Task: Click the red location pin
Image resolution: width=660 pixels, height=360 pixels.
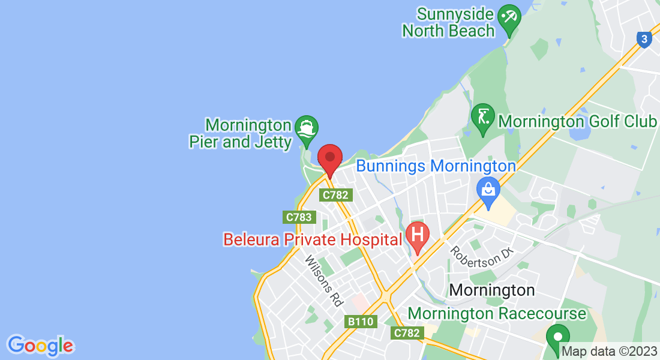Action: click(329, 159)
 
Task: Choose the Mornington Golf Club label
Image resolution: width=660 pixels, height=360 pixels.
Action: click(577, 121)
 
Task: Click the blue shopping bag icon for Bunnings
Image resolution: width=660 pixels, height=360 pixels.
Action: click(488, 190)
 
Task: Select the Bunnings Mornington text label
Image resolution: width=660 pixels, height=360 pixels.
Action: click(436, 166)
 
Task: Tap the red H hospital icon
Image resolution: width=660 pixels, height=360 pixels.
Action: click(418, 233)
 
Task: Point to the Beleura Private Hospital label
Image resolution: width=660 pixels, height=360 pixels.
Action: click(312, 239)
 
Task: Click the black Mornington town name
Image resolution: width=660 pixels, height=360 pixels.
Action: click(491, 290)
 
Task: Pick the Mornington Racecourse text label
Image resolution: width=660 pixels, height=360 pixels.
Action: click(497, 313)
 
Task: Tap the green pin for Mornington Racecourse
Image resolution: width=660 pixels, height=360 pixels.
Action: click(558, 337)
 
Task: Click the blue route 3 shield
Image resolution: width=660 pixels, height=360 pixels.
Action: click(644, 40)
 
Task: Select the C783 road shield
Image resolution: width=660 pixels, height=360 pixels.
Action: click(298, 217)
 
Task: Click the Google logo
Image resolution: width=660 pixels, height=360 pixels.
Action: click(40, 346)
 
